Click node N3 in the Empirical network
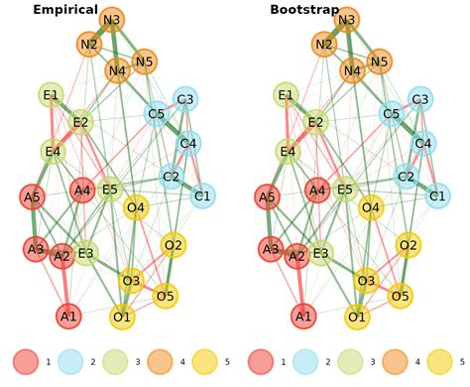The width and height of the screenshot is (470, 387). point(112,20)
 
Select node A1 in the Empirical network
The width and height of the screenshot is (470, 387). point(68,317)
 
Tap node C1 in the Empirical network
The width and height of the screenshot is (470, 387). point(202,196)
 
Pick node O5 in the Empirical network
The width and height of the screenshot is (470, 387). point(166,295)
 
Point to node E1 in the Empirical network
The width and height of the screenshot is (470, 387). point(51,95)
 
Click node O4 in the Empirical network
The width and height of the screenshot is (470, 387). point(136,208)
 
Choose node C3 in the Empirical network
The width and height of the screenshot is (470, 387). point(184,98)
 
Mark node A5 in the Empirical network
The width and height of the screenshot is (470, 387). point(33,196)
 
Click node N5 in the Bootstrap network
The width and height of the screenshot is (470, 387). point(379,62)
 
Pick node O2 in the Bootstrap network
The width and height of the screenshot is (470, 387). point(408,244)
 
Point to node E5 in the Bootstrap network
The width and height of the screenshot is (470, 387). point(345,190)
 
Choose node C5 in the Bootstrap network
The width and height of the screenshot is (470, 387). point(392,114)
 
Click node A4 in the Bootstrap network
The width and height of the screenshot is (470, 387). point(317,190)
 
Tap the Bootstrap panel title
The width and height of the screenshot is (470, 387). point(302,10)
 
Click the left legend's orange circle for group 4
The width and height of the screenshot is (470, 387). point(161,362)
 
